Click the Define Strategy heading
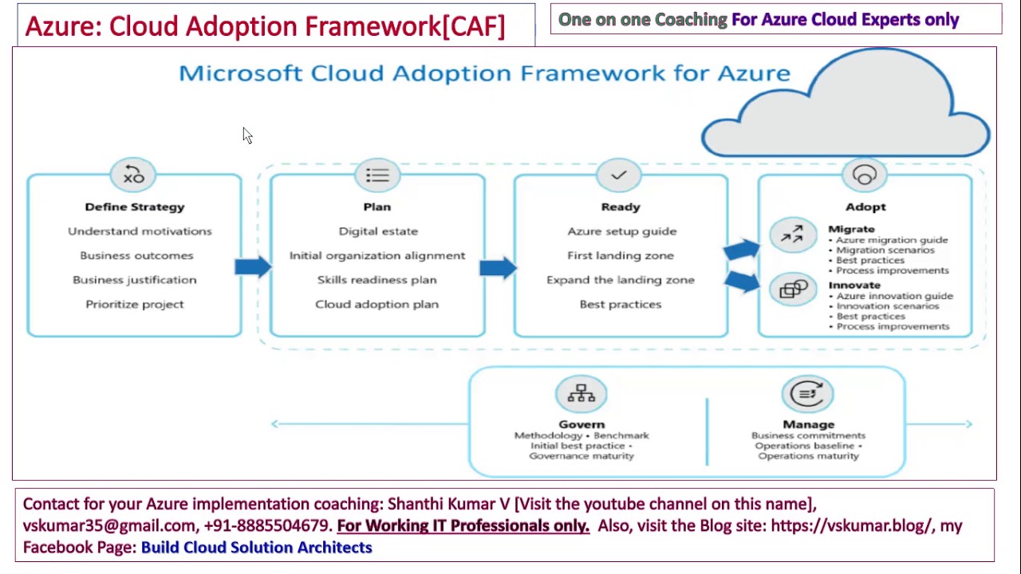[x=134, y=206]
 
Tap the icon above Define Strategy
[x=134, y=175]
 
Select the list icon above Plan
[x=377, y=175]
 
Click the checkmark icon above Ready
[x=619, y=175]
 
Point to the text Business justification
[x=134, y=280]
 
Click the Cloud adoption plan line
[x=376, y=304]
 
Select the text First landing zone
[x=620, y=255]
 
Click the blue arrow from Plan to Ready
[x=499, y=266]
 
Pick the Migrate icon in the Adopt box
[x=792, y=234]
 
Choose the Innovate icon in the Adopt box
[x=793, y=290]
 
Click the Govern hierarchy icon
[x=581, y=394]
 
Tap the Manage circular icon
[x=807, y=394]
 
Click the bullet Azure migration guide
[x=891, y=240]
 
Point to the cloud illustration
[x=846, y=108]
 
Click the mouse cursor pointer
[x=247, y=136]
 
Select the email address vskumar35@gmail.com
[x=109, y=525]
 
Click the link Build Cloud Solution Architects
[x=256, y=547]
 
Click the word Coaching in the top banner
[x=691, y=19]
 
